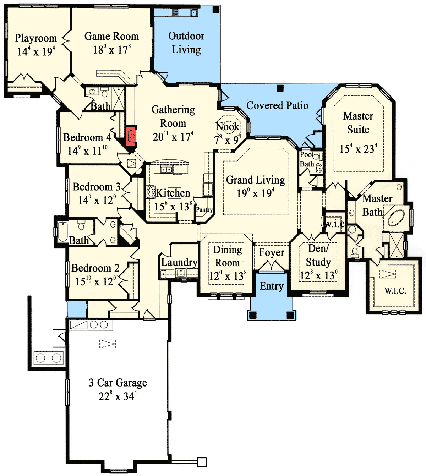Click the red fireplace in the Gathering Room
pos(132,136)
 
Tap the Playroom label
pos(36,38)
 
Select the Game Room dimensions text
pos(112,50)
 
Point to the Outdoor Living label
pos(186,43)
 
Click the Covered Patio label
pos(277,105)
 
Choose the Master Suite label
pos(358,122)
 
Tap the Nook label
pos(228,127)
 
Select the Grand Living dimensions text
pos(256,193)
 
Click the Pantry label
pos(204,210)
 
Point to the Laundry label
pos(179,262)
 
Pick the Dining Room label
pos(228,256)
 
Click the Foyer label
pos(272,252)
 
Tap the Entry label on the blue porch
pos(272,286)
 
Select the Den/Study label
pos(318,255)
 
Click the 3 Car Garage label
pos(118,383)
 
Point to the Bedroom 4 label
pos(87,137)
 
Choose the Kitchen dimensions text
pos(173,207)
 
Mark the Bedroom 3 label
pos(97,187)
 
